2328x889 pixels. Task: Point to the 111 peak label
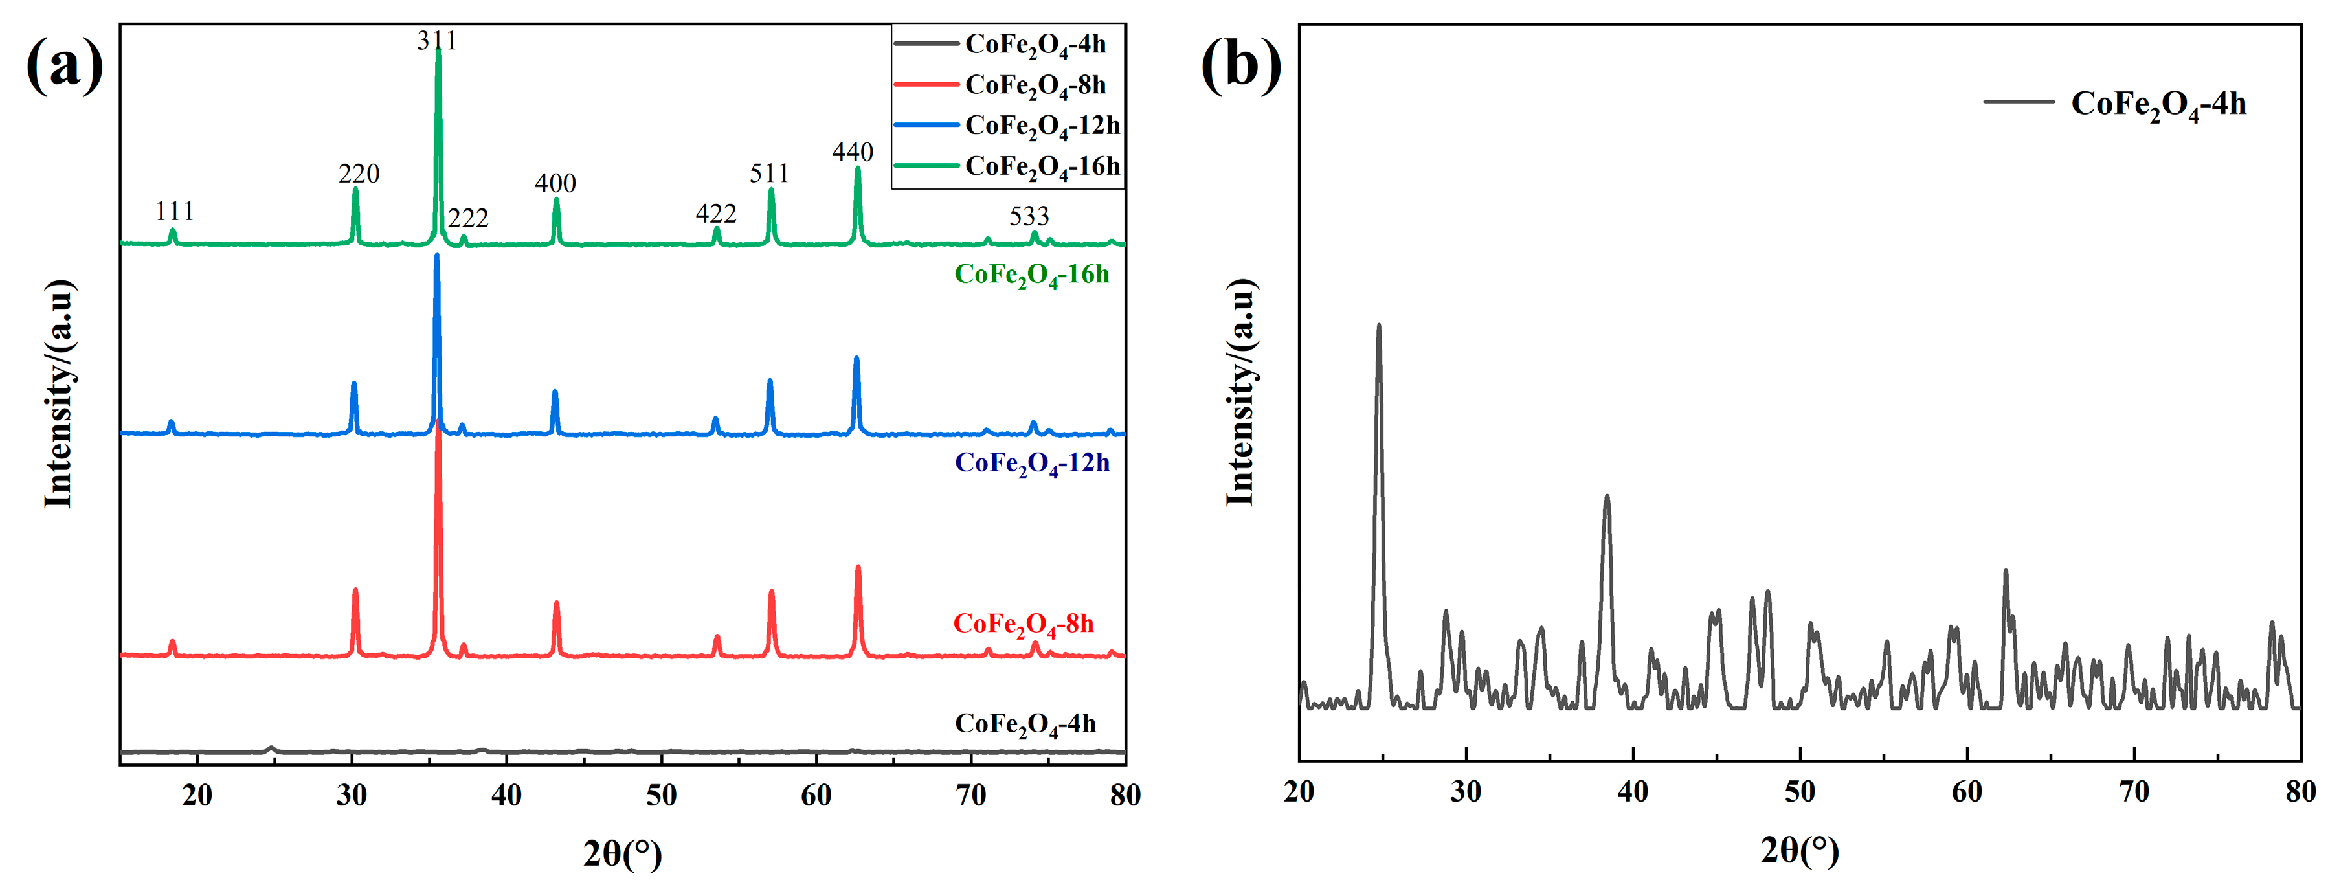pos(174,212)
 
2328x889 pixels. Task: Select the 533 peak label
pos(1029,217)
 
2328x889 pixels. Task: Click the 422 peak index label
pos(716,214)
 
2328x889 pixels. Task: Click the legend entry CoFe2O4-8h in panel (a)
pos(1035,85)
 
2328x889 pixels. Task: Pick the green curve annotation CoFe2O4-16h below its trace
pos(1031,275)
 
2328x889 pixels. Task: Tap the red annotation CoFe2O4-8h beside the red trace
pos(1023,624)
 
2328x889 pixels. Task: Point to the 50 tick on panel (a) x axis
pos(662,795)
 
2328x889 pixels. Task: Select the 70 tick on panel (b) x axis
pos(2134,793)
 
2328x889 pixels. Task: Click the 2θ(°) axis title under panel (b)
pos(1799,850)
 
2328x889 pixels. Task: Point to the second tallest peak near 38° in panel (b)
pos(1606,496)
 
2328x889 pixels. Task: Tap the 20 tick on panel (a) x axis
pos(197,795)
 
